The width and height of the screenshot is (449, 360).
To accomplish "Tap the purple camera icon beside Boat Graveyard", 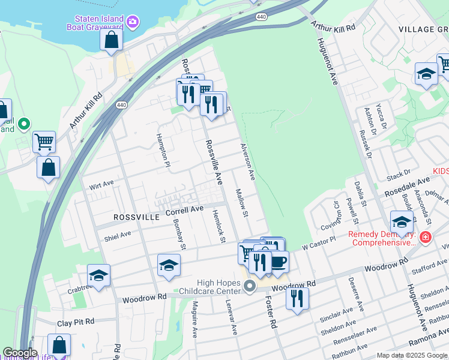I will pyautogui.click(x=132, y=23).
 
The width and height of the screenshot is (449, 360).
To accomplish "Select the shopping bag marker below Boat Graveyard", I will pyautogui.click(x=111, y=40).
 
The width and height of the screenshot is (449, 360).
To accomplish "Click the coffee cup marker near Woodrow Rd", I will pyautogui.click(x=277, y=262).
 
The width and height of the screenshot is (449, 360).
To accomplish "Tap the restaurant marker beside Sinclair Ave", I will pyautogui.click(x=297, y=298).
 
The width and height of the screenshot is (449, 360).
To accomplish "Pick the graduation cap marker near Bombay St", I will pyautogui.click(x=169, y=265).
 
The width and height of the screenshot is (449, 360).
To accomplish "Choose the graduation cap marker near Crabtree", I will pyautogui.click(x=98, y=275).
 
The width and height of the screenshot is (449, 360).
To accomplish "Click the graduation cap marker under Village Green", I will pyautogui.click(x=426, y=74).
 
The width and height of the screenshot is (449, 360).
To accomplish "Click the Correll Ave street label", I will pyautogui.click(x=185, y=210).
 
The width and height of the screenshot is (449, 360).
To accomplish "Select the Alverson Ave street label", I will pyautogui.click(x=248, y=161).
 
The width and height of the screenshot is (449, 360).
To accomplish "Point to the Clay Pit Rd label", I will pyautogui.click(x=76, y=322).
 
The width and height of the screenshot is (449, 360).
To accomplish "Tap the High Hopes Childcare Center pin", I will pyautogui.click(x=250, y=288).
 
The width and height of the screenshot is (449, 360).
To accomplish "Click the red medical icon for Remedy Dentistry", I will pyautogui.click(x=426, y=238).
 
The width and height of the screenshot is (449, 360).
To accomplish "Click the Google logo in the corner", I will pyautogui.click(x=20, y=353).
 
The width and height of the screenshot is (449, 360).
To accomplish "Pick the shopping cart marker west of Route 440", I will pyautogui.click(x=44, y=142).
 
